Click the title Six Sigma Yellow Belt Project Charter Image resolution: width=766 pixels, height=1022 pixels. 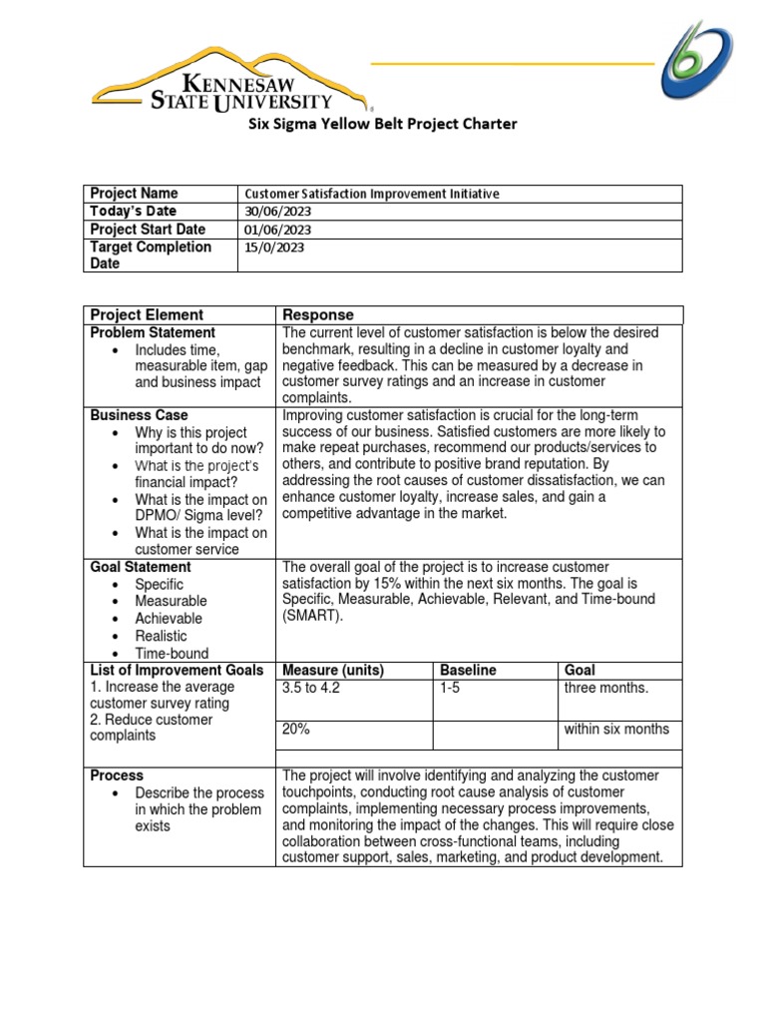tap(382, 125)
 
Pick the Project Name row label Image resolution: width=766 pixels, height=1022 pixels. tap(134, 194)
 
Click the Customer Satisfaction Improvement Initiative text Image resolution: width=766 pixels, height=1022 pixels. tap(372, 195)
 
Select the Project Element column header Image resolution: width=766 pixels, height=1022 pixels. tap(147, 315)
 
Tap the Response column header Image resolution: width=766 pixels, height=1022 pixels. tap(318, 315)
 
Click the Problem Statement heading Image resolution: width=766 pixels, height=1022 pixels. tap(153, 332)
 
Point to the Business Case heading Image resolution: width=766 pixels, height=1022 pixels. tap(139, 415)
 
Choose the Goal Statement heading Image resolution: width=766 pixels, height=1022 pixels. tap(141, 567)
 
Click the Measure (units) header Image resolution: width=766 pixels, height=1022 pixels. tap(333, 671)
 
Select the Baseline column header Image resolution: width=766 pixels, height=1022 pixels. tap(468, 671)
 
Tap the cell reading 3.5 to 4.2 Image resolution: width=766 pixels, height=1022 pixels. tap(311, 688)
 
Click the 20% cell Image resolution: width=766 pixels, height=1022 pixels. tap(296, 730)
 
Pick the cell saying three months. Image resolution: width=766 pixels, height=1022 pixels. tap(606, 688)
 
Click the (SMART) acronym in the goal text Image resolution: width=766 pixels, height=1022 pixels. tap(313, 617)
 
